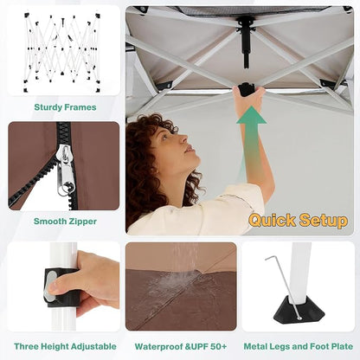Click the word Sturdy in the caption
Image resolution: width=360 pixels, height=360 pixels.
pos(48,107)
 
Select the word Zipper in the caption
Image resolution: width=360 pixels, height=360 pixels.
pos(82,222)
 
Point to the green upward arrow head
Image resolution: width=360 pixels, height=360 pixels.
pos(252,115)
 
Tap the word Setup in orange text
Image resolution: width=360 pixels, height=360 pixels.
pos(324,221)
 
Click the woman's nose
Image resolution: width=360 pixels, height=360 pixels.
pos(184,139)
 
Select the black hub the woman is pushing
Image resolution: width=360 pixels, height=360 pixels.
pos(247,89)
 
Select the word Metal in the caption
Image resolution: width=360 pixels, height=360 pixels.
pos(255,346)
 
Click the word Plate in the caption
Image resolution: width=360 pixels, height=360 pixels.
pos(343,346)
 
